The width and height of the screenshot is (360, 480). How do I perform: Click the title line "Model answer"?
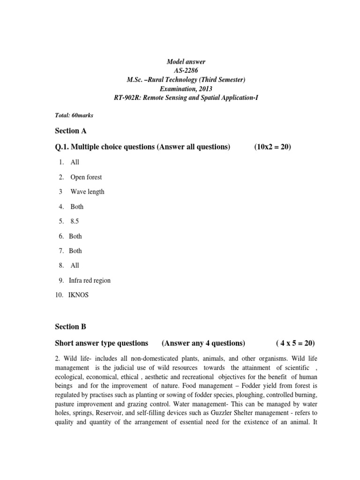pos(186,62)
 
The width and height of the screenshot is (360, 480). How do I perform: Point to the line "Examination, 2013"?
pos(186,89)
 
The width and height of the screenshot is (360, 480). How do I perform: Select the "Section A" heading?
pos(71,131)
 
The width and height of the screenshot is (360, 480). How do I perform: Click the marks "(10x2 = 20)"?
pos(273,147)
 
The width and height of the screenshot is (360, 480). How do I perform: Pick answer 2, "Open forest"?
pos(86,177)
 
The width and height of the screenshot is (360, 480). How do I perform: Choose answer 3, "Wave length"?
pos(87,192)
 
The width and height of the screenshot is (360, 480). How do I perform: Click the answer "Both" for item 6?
pos(75,236)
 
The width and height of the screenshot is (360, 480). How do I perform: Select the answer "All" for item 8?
pos(75,265)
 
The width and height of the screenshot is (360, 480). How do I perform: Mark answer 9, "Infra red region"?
pos(90,280)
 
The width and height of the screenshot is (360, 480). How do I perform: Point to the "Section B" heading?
pos(71,326)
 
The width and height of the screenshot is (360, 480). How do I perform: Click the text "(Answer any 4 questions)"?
pos(203,343)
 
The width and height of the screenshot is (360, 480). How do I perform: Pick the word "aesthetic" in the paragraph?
pos(160,377)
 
